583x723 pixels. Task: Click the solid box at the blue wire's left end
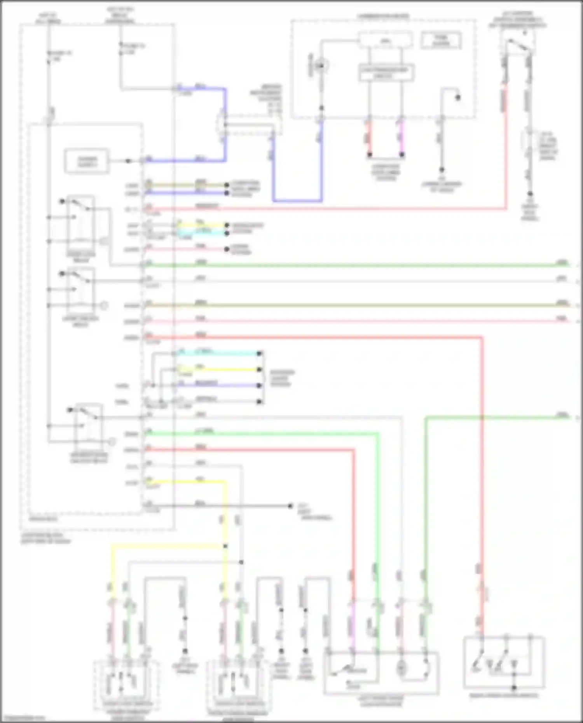(x=87, y=160)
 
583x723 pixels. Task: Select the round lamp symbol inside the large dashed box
(x=321, y=66)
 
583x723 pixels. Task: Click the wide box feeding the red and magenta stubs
(x=386, y=73)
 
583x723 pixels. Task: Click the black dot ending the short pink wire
(x=227, y=249)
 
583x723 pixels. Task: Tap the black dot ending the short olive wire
(x=227, y=185)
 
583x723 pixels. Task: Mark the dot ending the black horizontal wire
(x=290, y=505)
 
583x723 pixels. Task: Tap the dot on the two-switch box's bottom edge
(x=514, y=688)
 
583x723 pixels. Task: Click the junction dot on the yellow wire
(x=225, y=546)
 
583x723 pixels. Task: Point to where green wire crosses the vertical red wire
(x=482, y=418)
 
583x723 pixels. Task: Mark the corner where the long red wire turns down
(x=482, y=338)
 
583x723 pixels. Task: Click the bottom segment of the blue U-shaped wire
(x=297, y=201)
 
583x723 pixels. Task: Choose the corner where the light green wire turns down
(x=377, y=434)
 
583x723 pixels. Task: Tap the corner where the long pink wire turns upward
(x=506, y=209)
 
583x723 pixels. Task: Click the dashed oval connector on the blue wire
(x=223, y=124)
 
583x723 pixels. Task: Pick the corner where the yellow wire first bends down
(x=225, y=482)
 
